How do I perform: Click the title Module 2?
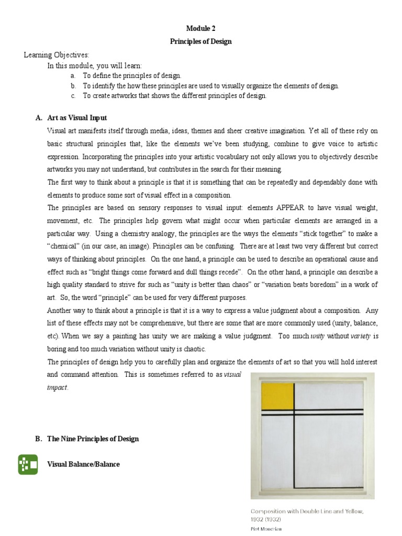click(x=200, y=29)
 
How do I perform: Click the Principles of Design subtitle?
click(x=200, y=42)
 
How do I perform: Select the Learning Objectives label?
click(x=57, y=55)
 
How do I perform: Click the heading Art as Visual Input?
click(x=77, y=118)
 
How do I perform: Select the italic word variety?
click(x=361, y=336)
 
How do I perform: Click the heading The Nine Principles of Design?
click(x=93, y=439)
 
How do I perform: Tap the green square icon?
click(x=28, y=464)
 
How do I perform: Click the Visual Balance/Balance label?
click(x=83, y=464)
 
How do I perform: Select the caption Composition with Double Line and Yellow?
click(x=307, y=511)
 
